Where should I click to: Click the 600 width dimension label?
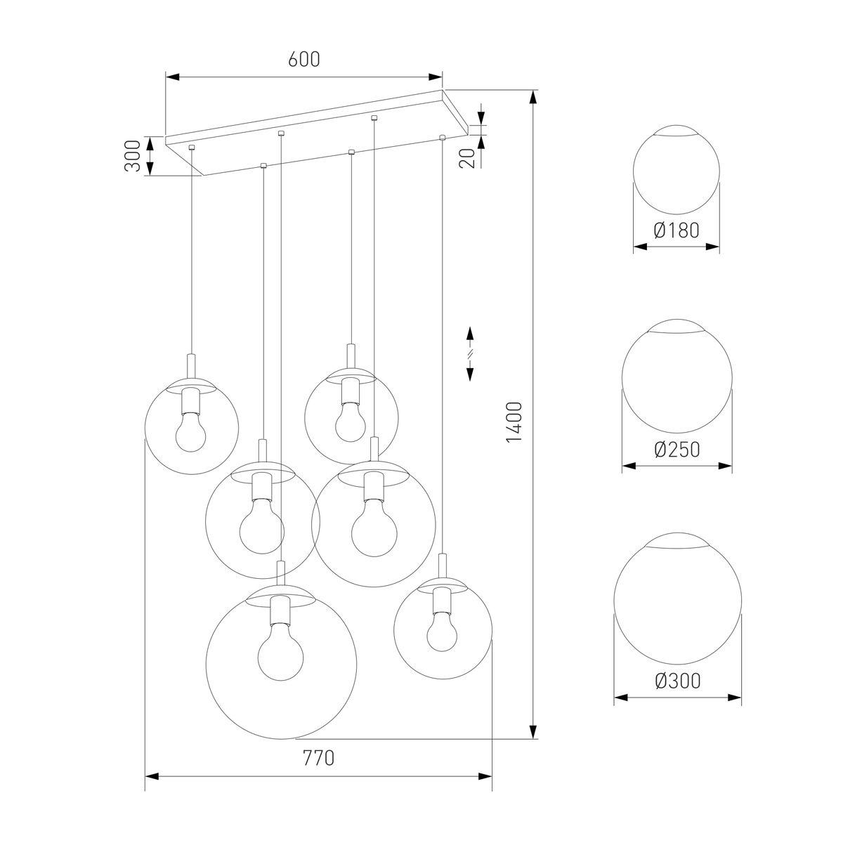(303, 60)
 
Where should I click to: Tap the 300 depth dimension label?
(131, 156)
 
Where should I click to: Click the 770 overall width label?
(318, 759)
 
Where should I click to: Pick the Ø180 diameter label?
(677, 230)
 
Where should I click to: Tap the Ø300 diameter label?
(677, 681)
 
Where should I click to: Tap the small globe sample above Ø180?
(677, 171)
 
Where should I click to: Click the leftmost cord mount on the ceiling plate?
(191, 148)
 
